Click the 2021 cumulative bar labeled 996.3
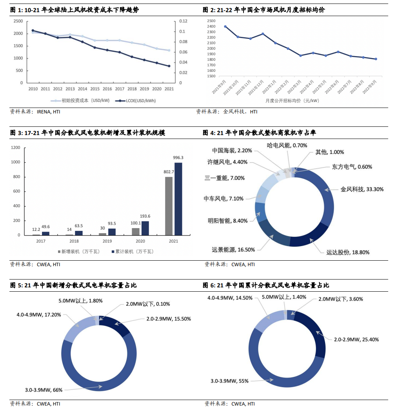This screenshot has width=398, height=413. [178, 199]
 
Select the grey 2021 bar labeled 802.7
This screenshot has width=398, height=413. [169, 206]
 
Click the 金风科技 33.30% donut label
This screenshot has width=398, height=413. [362, 189]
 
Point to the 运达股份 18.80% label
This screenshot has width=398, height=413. [348, 252]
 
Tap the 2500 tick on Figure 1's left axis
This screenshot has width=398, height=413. [18, 21]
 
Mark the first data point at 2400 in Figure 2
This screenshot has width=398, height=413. [225, 27]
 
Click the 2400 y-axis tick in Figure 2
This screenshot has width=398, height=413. [211, 27]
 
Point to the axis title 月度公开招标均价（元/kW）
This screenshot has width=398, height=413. [292, 101]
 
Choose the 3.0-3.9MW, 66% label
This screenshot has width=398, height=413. [41, 389]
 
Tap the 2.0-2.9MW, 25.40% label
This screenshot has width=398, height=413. [356, 340]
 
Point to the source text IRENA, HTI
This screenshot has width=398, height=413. [49, 112]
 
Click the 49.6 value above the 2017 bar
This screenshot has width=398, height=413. [46, 227]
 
